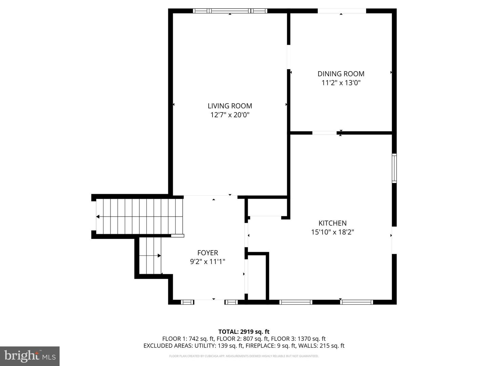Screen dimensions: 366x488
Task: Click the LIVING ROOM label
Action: click(x=230, y=106)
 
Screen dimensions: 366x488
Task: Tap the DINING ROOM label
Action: click(x=341, y=74)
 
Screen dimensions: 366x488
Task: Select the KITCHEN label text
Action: click(x=332, y=223)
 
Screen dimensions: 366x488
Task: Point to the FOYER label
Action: click(x=208, y=253)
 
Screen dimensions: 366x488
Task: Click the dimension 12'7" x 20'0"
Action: click(x=230, y=115)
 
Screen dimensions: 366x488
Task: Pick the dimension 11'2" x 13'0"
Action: click(x=341, y=83)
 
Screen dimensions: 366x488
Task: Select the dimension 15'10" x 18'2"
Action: click(x=332, y=232)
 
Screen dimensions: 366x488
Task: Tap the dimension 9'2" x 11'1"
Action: click(x=208, y=262)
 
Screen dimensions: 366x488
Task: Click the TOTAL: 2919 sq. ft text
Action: click(x=244, y=332)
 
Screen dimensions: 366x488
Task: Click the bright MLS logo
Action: click(x=30, y=356)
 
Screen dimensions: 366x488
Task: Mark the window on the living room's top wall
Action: click(x=230, y=11)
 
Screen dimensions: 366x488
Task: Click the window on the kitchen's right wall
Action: click(x=394, y=168)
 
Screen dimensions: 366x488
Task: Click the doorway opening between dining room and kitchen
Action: click(x=324, y=133)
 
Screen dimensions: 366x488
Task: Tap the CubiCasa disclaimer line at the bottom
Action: click(x=244, y=356)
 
